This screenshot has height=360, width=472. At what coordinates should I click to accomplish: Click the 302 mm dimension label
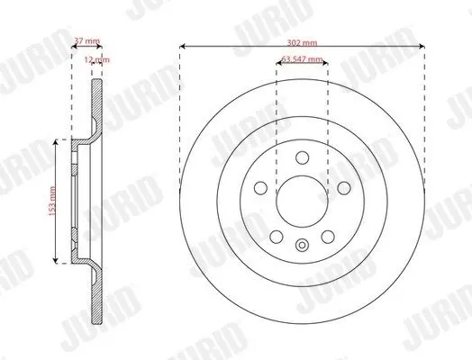point(302,42)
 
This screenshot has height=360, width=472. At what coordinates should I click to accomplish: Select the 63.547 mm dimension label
point(303,58)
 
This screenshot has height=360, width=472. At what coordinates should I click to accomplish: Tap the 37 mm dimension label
point(87,40)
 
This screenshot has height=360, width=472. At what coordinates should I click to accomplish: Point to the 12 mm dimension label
point(97,59)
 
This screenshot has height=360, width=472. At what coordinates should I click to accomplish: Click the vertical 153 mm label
point(52,202)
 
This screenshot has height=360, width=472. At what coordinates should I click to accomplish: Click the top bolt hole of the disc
point(303,157)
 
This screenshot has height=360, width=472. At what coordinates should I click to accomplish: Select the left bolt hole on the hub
point(260,188)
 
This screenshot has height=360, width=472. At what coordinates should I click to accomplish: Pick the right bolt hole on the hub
point(344,188)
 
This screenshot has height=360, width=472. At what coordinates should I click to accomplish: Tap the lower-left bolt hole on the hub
point(277,237)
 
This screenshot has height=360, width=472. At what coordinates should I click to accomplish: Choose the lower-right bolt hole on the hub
point(328,237)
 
